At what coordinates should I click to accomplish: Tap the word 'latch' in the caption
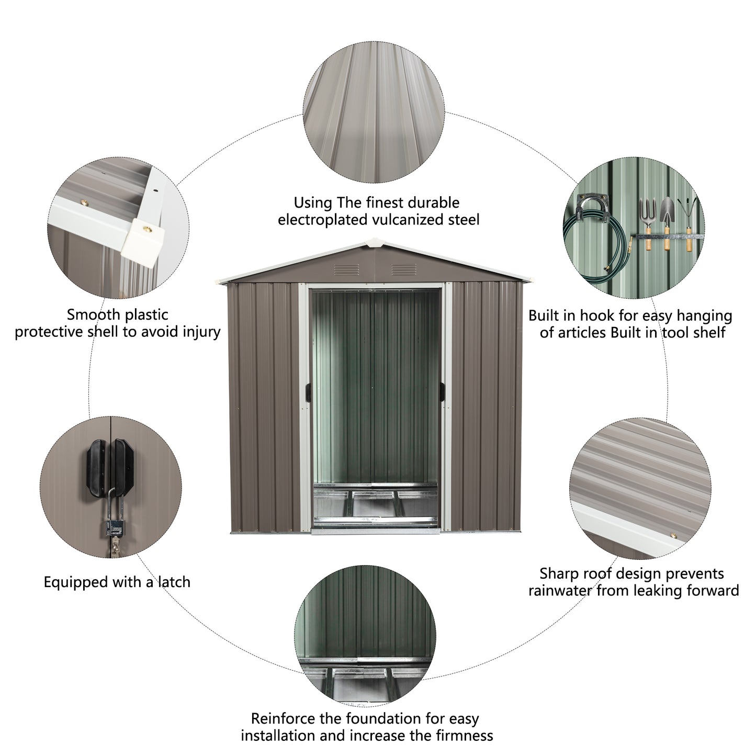point(173,582)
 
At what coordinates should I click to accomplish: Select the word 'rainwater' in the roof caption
point(560,591)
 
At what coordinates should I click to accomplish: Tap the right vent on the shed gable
point(403,269)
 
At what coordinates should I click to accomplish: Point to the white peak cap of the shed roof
point(374,241)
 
